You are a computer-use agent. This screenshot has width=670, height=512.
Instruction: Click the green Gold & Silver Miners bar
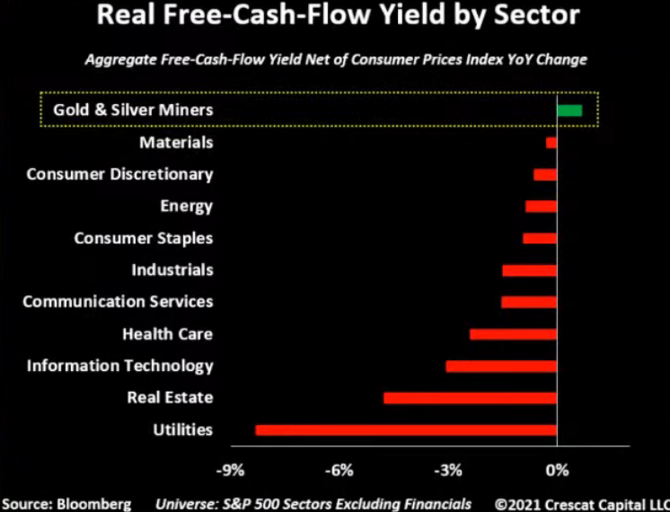click(569, 110)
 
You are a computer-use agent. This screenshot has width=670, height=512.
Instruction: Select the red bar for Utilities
click(406, 429)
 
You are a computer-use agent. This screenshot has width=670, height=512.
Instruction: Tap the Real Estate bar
click(470, 397)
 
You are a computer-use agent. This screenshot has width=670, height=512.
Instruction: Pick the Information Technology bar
click(501, 366)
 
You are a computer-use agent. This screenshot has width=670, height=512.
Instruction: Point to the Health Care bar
click(513, 334)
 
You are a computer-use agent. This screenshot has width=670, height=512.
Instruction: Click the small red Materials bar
click(551, 143)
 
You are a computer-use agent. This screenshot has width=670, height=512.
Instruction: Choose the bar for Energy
click(541, 207)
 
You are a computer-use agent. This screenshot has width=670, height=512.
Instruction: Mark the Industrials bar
click(529, 269)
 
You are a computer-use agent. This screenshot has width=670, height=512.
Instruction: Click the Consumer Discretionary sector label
click(119, 174)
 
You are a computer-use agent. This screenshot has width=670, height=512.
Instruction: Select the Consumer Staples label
click(143, 238)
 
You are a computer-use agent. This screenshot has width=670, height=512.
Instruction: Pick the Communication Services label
click(118, 302)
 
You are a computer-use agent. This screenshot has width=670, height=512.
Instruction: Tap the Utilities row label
click(183, 429)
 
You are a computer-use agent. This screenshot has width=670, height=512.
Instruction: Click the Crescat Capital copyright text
click(581, 503)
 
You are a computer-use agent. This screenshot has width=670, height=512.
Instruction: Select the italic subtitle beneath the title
click(336, 60)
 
